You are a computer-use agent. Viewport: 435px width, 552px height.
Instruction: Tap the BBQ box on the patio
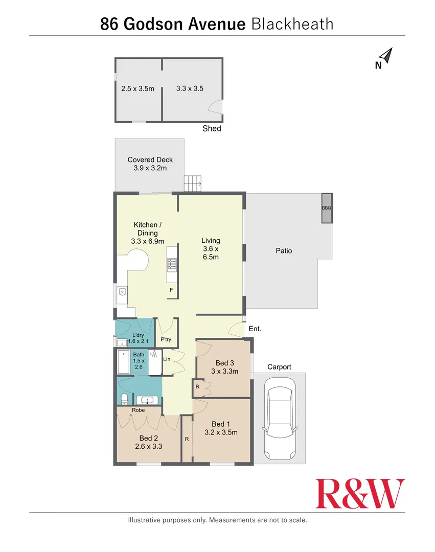(x=327, y=208)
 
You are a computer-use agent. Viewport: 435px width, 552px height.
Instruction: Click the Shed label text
(x=212, y=129)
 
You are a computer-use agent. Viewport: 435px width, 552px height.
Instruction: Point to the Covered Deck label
(x=150, y=160)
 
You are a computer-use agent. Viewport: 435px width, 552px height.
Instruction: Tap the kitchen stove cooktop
(x=172, y=264)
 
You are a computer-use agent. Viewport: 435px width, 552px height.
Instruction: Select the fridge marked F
(x=171, y=290)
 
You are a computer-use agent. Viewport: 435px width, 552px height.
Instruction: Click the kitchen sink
(x=122, y=292)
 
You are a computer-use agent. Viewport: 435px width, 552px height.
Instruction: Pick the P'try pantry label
(x=166, y=339)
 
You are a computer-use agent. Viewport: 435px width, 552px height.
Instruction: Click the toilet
(x=123, y=399)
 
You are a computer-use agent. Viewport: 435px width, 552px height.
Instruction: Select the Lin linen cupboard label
(x=167, y=359)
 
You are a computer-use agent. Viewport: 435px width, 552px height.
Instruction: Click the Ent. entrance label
(x=255, y=329)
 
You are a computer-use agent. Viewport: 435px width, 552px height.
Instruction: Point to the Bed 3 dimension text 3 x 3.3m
(x=225, y=372)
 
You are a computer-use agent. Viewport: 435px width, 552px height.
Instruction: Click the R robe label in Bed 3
(x=197, y=387)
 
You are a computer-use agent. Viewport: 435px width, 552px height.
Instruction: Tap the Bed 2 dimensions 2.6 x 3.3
(x=148, y=446)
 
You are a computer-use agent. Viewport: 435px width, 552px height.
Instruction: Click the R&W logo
(x=360, y=493)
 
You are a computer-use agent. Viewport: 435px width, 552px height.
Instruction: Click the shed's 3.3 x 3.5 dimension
(x=190, y=88)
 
